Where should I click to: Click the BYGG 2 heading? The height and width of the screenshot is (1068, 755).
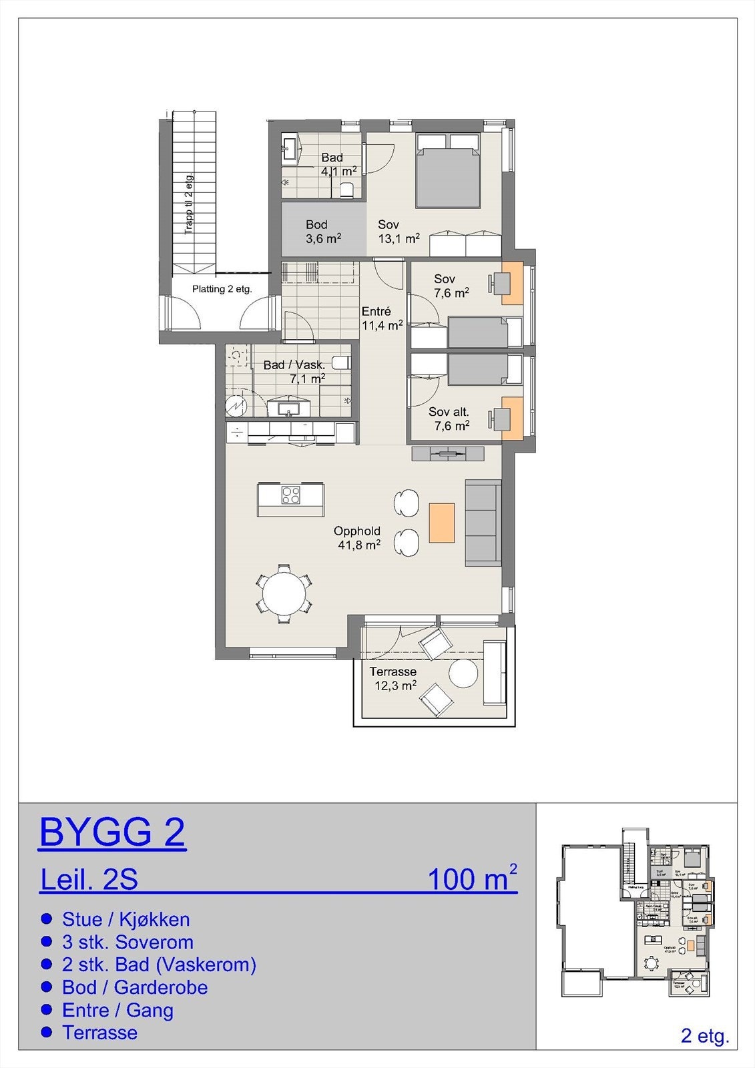click(x=112, y=832)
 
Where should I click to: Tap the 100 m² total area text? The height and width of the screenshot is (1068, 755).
click(x=471, y=879)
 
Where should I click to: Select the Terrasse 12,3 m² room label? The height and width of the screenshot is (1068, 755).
click(x=393, y=678)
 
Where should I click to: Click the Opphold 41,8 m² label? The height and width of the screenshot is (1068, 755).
click(x=357, y=537)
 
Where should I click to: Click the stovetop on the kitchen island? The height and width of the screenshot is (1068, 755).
click(x=290, y=495)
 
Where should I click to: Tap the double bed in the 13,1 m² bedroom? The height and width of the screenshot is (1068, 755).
click(x=448, y=170)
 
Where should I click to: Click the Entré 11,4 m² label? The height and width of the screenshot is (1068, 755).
click(x=381, y=318)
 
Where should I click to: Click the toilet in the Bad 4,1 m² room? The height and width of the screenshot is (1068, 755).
click(x=346, y=190)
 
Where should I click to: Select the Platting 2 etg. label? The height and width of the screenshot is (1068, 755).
click(x=222, y=289)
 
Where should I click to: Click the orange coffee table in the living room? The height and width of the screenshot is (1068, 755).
click(x=441, y=522)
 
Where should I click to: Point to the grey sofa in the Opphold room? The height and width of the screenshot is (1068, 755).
click(x=483, y=522)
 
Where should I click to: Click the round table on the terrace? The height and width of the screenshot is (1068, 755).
click(x=463, y=673)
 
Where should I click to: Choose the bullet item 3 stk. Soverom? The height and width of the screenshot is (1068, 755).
click(x=127, y=942)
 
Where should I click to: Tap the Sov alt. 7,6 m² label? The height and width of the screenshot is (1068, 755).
click(x=449, y=419)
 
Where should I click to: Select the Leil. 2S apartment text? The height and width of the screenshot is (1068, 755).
click(x=89, y=880)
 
